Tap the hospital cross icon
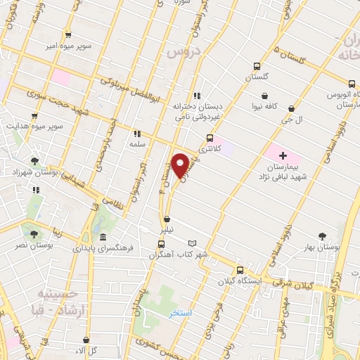click(283, 155)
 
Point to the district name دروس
click(188, 51)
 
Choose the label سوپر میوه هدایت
click(34, 126)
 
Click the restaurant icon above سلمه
click(137, 132)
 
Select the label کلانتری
click(209, 149)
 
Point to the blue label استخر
click(180, 314)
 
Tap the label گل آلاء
click(89, 350)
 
